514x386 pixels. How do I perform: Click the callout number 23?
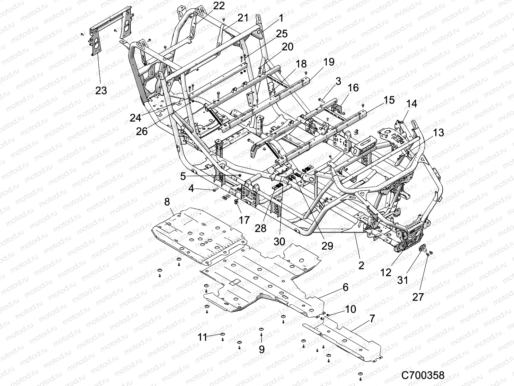tap(101, 91)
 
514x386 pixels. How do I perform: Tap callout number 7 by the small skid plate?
tap(372, 319)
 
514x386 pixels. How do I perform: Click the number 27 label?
tap(418, 297)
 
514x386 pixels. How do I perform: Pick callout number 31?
tap(403, 280)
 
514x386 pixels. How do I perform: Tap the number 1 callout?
tap(281, 18)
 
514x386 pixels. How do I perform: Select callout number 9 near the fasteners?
tap(261, 349)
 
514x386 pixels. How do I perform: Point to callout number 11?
tap(203, 337)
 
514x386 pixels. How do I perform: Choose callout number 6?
tap(345, 287)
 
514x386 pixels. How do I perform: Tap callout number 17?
tap(244, 220)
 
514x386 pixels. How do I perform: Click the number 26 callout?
tap(142, 131)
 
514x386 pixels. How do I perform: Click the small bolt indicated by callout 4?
tap(215, 190)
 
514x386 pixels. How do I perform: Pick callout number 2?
tap(361, 266)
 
